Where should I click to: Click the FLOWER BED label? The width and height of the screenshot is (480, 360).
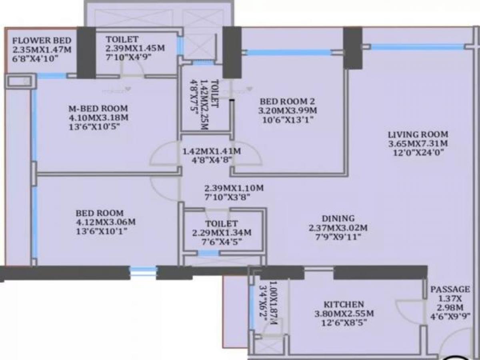click(42, 40)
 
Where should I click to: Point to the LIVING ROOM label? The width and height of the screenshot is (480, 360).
click(418, 134)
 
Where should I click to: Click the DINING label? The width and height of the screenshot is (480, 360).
click(338, 218)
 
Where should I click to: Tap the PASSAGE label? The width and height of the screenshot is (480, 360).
click(450, 289)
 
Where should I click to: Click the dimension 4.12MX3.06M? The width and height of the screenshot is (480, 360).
click(106, 222)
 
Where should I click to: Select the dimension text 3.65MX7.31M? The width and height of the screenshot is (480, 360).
click(418, 143)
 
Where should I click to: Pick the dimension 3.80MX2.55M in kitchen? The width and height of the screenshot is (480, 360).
click(344, 313)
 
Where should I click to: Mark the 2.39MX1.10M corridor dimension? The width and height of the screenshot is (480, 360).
click(234, 188)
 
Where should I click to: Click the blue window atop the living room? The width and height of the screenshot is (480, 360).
click(416, 47)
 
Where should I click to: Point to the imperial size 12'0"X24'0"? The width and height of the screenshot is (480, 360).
click(418, 152)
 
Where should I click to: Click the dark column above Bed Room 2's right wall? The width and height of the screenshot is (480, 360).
click(352, 47)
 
